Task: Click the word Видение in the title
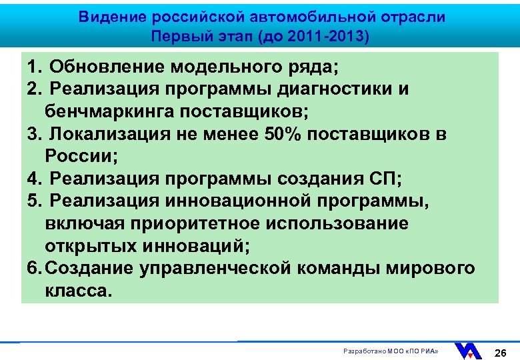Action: [x=111, y=17]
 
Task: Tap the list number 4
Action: [x=33, y=179]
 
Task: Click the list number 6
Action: [x=33, y=268]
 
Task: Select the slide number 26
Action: [x=501, y=351]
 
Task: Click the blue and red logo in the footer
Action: [x=468, y=351]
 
